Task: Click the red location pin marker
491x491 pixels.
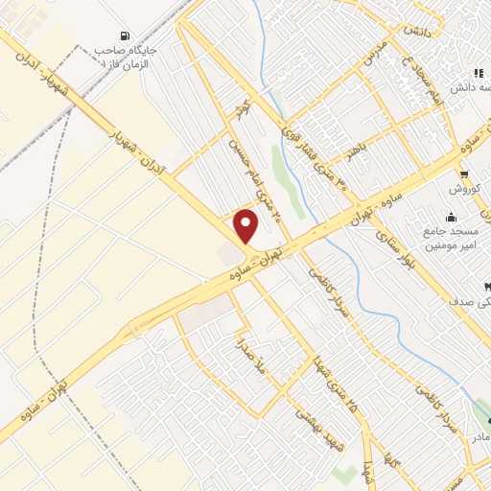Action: click(246, 226)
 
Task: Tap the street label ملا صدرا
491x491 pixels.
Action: click(239, 356)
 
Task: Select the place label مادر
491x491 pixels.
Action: click(479, 437)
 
